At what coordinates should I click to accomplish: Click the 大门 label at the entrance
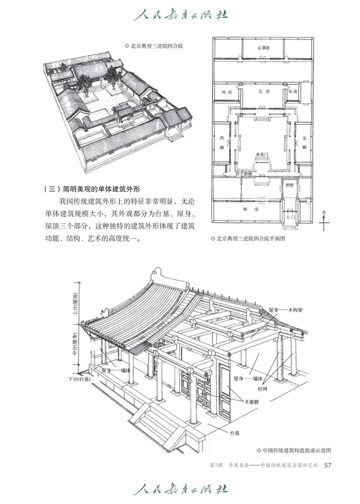pyautogui.click(x=290, y=218)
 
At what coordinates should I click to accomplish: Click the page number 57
pyautogui.click(x=328, y=465)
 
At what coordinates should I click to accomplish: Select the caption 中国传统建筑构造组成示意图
pyautogui.click(x=294, y=451)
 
